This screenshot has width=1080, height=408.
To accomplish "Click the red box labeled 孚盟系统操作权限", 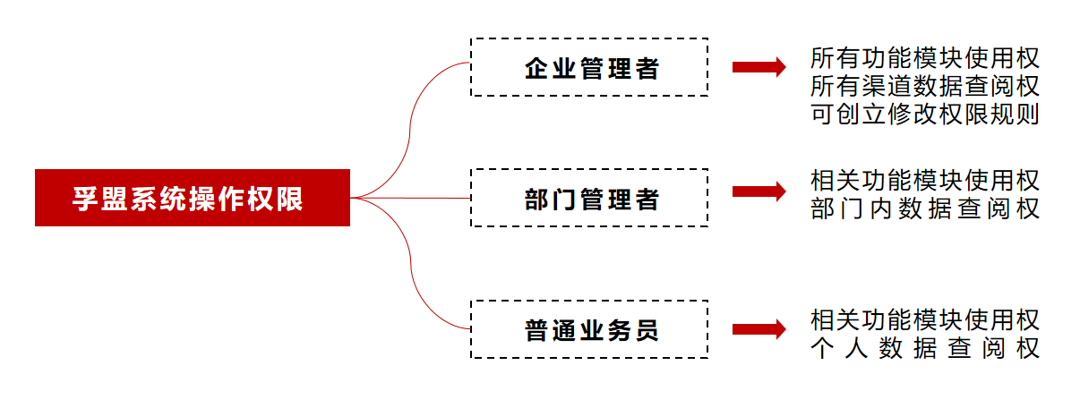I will pos(192,198).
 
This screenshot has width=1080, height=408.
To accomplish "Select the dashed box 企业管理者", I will pos(589,67).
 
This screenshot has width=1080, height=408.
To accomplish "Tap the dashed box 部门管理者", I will pos(589,198).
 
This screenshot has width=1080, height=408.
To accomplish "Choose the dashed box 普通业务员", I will pos(589,329).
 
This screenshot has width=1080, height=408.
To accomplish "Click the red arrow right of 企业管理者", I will pos(759,67).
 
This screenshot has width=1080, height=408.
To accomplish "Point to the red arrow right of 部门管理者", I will pos(759,191).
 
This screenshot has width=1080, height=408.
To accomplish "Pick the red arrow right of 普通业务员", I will pos(759,329).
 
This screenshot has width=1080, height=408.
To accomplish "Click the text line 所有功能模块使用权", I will pos(924,59).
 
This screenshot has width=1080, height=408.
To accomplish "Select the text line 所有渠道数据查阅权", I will pos(924,87).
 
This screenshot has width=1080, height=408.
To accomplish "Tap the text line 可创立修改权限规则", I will pos(924,115).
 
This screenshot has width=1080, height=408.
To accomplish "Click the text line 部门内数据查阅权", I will pos(924,209).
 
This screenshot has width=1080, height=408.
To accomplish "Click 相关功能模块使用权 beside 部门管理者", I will pos(924,181).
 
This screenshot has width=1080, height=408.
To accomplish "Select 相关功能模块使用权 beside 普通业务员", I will pos(924,319).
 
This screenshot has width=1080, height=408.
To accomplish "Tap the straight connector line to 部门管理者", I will pos(412,198).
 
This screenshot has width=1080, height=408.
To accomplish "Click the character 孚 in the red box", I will pos(85,199).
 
